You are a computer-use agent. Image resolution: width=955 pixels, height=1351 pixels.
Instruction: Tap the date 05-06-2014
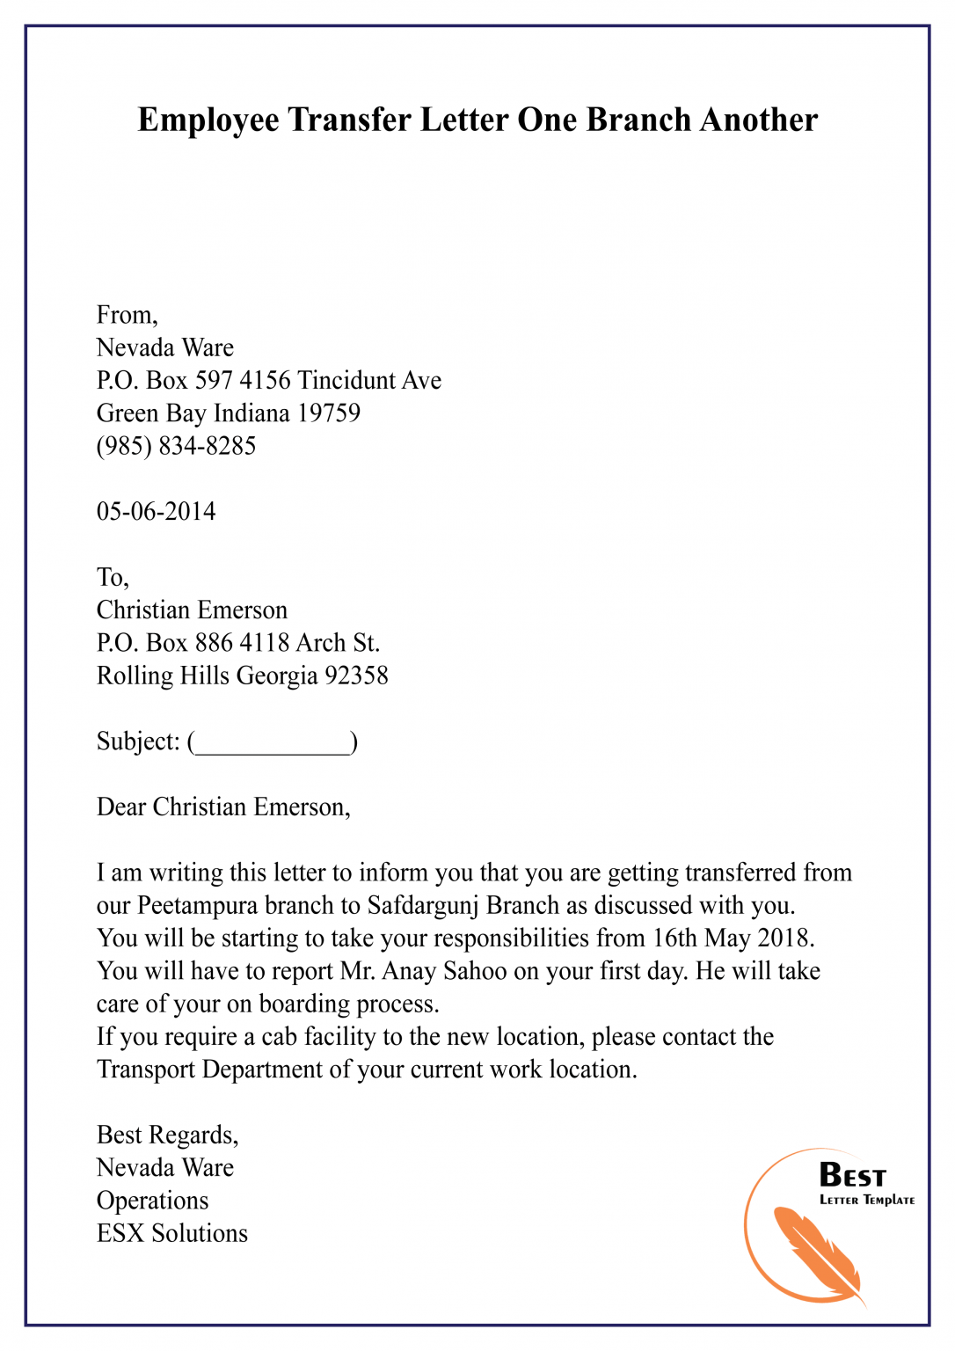[x=156, y=512]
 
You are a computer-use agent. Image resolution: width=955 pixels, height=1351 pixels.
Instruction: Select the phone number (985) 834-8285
[x=176, y=446]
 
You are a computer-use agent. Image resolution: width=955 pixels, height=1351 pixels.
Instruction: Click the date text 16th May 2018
[x=730, y=938]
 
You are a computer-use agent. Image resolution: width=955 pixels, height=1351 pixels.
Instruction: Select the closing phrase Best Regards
[x=167, y=1136]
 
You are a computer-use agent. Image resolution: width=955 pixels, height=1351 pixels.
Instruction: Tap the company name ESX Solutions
[x=172, y=1233]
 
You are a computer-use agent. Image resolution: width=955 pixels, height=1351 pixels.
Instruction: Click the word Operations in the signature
[x=152, y=1201]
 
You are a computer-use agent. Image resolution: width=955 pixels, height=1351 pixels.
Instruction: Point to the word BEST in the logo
[x=852, y=1176]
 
